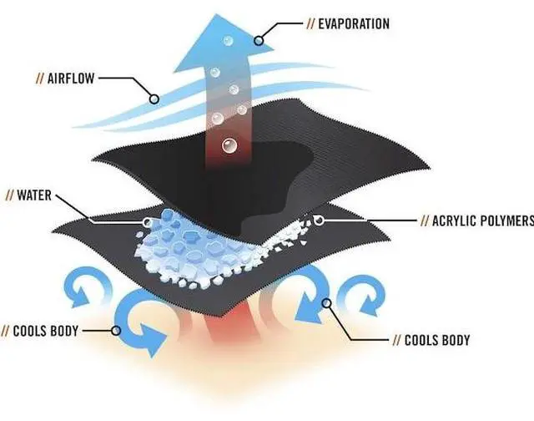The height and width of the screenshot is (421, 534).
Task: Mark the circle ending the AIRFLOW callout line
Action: (x=154, y=99)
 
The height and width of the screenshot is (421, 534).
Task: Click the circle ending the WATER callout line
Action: (x=148, y=222)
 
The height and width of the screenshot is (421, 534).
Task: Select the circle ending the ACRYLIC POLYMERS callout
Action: (x=320, y=221)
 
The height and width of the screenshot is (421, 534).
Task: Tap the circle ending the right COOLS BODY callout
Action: (x=329, y=302)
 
